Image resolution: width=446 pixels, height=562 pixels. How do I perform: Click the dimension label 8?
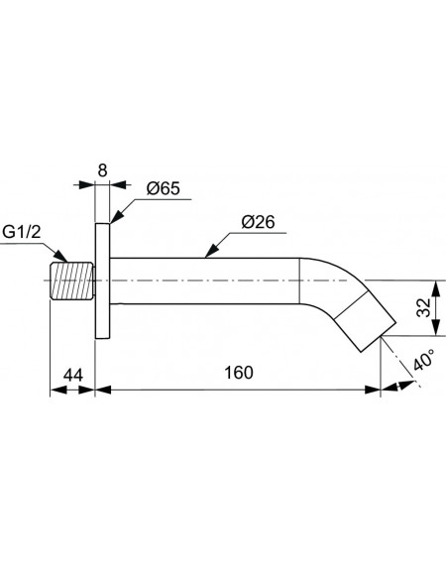(102, 170)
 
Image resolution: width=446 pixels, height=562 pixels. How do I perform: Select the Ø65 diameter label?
(164, 188)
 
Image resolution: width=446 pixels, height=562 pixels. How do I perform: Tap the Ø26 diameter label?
(258, 222)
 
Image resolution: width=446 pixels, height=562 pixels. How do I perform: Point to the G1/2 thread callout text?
(21, 232)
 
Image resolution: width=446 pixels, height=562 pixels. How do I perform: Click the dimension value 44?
(73, 375)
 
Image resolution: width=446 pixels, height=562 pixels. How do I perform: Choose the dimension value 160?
(239, 373)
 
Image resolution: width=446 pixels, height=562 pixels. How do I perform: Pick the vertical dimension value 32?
(424, 307)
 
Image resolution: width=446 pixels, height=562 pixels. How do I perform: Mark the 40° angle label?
(423, 360)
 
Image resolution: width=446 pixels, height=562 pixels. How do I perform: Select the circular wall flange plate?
(102, 281)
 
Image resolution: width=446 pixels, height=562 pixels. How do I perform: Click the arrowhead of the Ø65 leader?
(116, 217)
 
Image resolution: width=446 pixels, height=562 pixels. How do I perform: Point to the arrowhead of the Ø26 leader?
(211, 252)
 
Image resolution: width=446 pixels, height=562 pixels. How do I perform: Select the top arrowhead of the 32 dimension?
(436, 288)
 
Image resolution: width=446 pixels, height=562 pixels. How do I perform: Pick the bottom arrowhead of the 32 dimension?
(436, 328)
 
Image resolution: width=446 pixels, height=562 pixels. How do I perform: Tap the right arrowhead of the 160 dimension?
(372, 390)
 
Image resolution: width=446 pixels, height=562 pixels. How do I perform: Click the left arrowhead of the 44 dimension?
(58, 390)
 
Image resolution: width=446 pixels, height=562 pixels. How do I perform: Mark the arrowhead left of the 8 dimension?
(86, 185)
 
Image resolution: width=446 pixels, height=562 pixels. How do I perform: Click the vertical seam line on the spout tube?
(299, 281)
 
